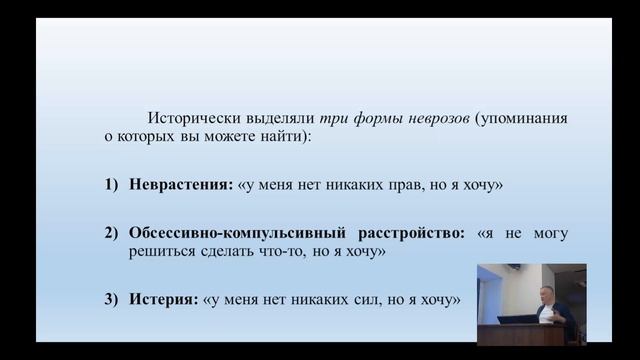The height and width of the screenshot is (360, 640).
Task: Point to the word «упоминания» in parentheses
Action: (x=519, y=118)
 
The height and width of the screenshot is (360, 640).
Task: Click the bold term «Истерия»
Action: (x=163, y=298)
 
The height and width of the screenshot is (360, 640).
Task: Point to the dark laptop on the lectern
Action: (x=517, y=320)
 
